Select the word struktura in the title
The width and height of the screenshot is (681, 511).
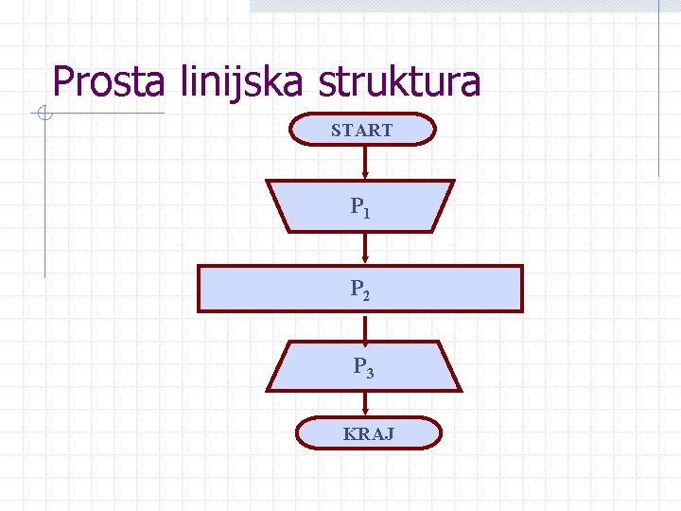(400, 82)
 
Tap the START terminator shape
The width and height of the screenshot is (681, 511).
(362, 130)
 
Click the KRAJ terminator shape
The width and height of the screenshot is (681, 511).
(369, 433)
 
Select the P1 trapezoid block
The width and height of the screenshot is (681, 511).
(360, 206)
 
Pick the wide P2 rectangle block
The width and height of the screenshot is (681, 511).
(359, 289)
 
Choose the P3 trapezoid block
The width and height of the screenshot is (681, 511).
(364, 366)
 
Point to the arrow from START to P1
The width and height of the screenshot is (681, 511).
(365, 162)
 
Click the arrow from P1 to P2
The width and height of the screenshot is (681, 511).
(365, 248)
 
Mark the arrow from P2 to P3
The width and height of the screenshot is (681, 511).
(365, 326)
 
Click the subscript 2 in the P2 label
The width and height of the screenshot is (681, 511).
(366, 295)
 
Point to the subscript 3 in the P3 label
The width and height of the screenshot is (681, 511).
(370, 374)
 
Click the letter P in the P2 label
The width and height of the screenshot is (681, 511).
(356, 287)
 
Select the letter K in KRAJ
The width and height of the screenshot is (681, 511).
(349, 434)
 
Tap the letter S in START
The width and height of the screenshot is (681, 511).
(336, 131)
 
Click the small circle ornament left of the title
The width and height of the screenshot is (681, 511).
(43, 115)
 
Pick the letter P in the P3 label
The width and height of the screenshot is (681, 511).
(359, 364)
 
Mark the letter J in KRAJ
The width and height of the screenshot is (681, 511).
(390, 434)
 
